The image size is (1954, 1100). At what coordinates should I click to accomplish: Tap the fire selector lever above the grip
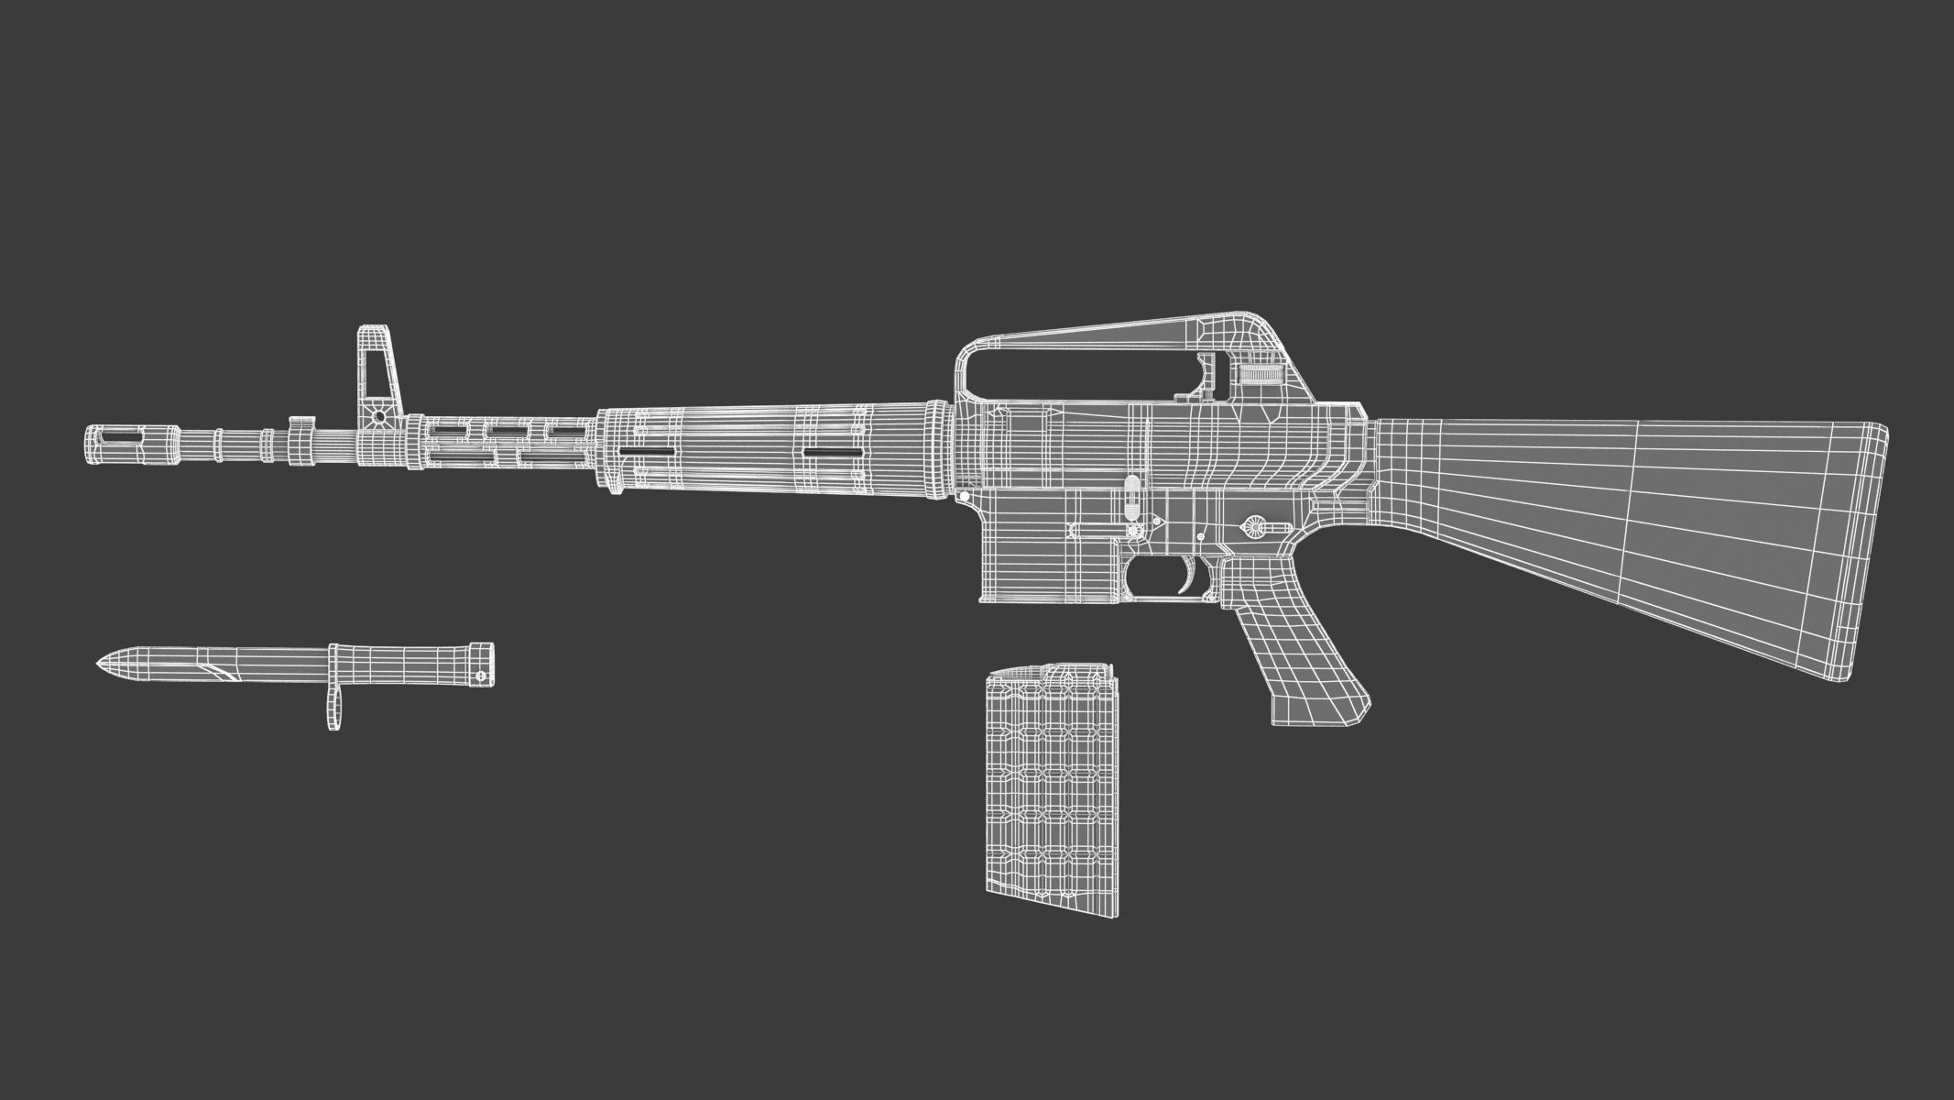[1253, 526]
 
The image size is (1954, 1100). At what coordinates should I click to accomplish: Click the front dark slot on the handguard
[649, 452]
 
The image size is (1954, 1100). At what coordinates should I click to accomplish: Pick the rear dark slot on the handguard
[834, 452]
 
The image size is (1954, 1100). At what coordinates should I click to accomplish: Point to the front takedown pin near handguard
[965, 496]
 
